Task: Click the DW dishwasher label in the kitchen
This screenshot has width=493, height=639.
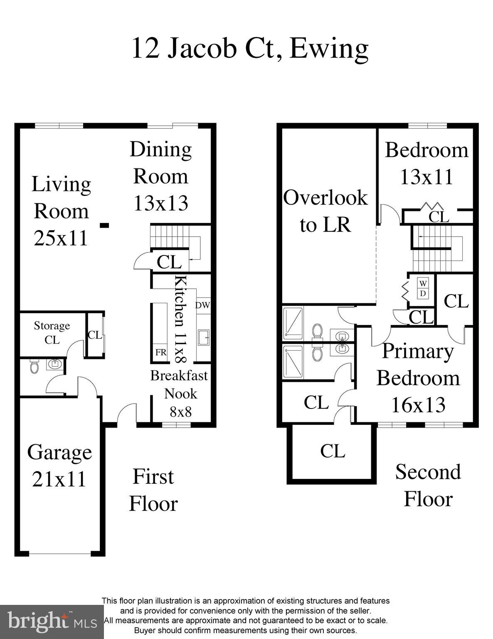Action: point(202,305)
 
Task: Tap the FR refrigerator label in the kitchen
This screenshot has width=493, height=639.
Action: point(161,352)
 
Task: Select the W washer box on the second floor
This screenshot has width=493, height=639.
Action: point(423,283)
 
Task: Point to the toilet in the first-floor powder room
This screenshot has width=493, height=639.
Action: point(35,367)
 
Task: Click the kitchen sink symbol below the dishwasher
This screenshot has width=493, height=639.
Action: point(204,337)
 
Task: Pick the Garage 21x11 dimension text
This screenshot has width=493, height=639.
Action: point(59,479)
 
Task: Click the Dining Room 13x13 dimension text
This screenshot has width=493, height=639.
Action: point(161,203)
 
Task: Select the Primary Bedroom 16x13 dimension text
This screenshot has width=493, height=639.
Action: point(418,405)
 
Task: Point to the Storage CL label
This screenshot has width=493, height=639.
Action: point(52,332)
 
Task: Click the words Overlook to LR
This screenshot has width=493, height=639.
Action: point(325,211)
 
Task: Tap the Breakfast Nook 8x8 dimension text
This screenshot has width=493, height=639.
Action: point(181,412)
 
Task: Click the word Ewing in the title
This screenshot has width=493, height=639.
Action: point(329,49)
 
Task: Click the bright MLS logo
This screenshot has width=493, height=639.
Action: point(52,622)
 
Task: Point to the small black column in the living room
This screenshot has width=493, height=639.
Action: point(104,225)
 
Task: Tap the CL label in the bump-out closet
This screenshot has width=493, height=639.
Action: point(333,451)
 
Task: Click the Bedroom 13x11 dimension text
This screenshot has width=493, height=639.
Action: point(426,177)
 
